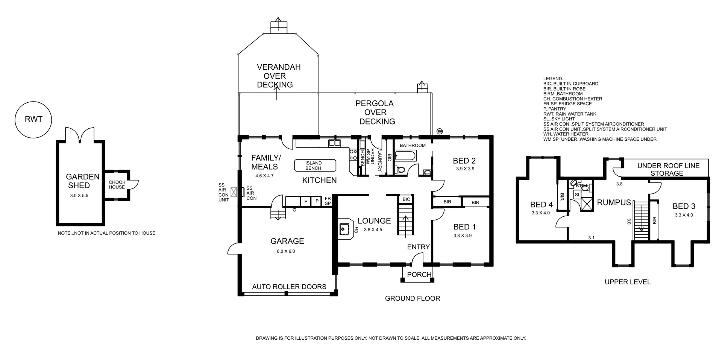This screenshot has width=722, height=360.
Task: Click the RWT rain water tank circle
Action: click(33, 120)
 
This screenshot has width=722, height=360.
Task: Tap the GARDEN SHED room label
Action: click(83, 181)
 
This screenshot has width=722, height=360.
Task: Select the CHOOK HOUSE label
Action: click(117, 185)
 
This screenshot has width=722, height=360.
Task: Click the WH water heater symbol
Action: click(439, 131)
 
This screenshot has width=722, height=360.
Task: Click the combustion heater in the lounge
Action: click(344, 228)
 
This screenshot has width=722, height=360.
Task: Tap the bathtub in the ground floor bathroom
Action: click(405, 155)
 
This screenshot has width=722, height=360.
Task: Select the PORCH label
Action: click(419, 275)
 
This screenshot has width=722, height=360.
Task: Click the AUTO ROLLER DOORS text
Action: click(289, 287)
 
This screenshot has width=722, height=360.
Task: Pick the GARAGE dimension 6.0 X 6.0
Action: click(286, 251)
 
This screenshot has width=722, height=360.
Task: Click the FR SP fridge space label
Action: click(328, 201)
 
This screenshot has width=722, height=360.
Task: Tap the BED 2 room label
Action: click(464, 161)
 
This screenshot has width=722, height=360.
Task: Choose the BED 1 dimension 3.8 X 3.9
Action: click(463, 235)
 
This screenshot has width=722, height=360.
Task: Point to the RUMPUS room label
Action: click(614, 202)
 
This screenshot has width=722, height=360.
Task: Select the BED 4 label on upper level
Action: click(541, 205)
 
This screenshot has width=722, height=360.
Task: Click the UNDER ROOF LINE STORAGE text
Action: click(668, 169)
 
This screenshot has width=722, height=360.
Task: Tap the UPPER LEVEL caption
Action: click(628, 282)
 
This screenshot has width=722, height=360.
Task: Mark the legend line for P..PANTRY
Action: click(555, 109)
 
